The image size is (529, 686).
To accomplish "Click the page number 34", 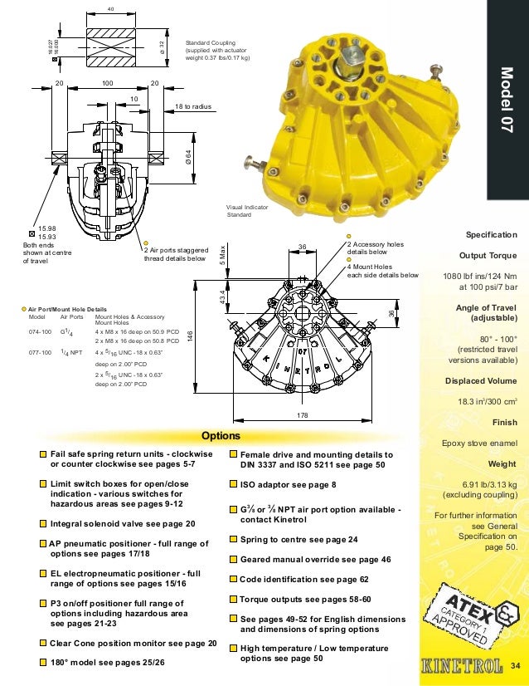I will pos(514,665).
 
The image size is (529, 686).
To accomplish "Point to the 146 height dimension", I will pos(191,335).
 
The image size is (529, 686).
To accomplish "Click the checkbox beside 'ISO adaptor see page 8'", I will pos(233,484).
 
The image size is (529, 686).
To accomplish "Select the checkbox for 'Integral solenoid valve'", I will pos(43,524).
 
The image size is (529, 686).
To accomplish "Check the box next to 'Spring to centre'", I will pos(233,539).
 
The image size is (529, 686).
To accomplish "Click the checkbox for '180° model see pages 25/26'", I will pos(43,662).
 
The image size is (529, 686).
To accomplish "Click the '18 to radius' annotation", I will pos(196,108).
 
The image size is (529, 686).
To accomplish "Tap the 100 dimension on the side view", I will pos(107,84).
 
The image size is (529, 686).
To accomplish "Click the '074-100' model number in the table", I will pos(41,330).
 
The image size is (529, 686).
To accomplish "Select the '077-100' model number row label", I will pos(41,352).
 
